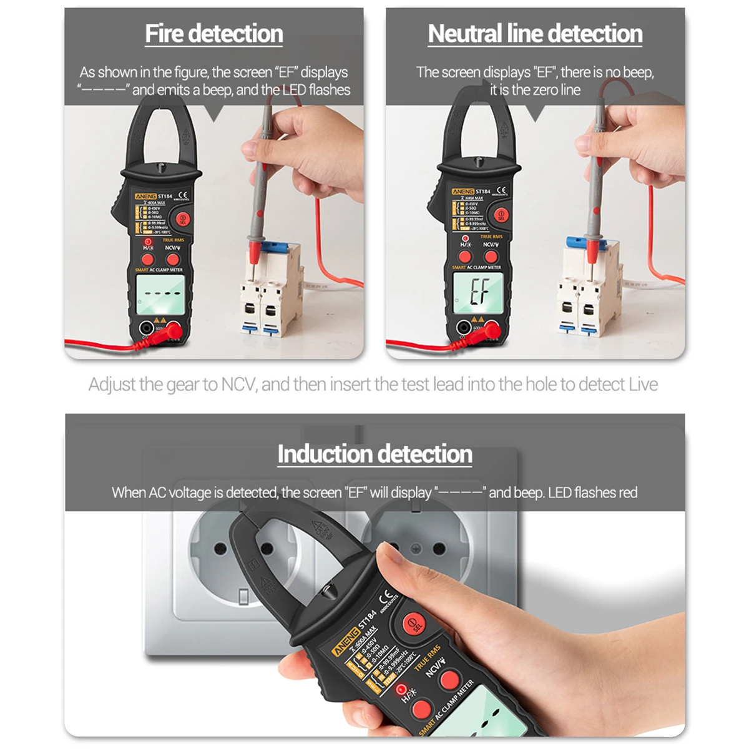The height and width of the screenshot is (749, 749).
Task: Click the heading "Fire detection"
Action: (x=213, y=34)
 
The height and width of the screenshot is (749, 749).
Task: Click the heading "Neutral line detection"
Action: (x=535, y=34)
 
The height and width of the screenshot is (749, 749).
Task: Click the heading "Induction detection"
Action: (x=374, y=454)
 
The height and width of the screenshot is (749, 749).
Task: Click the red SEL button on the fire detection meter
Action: (x=182, y=219)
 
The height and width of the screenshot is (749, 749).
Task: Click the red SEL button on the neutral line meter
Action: (x=501, y=215)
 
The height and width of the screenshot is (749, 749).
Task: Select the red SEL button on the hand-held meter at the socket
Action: (x=413, y=623)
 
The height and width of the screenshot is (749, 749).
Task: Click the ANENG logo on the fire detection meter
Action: (x=145, y=196)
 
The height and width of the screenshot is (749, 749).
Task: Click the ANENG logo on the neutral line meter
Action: (x=463, y=192)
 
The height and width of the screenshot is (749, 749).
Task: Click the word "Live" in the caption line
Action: (x=643, y=384)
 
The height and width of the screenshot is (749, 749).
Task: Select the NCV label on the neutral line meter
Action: (x=491, y=244)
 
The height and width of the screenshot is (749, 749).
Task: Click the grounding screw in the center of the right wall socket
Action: (x=416, y=549)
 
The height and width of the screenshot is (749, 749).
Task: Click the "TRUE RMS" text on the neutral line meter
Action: (x=491, y=237)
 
